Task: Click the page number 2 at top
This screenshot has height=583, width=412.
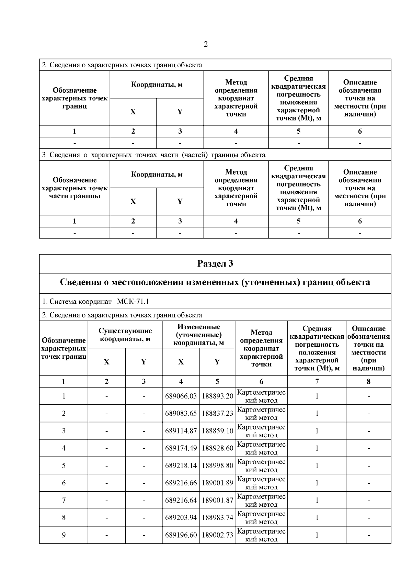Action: (x=206, y=44)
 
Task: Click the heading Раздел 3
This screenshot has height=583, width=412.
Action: (x=215, y=264)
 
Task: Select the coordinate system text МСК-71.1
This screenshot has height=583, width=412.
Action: (x=133, y=302)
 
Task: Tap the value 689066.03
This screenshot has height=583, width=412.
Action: (x=181, y=396)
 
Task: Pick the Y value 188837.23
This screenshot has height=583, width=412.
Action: (x=217, y=414)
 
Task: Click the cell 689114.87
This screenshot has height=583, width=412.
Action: (x=181, y=431)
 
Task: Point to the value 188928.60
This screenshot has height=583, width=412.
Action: (x=217, y=448)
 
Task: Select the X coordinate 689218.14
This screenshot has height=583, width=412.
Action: (x=181, y=466)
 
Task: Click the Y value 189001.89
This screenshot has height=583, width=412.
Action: (x=217, y=483)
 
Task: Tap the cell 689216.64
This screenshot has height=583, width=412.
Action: (x=181, y=500)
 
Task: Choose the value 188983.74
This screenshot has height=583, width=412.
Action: (x=217, y=518)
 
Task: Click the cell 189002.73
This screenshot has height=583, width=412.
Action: (x=217, y=535)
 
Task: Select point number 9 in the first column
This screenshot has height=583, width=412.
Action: (x=64, y=535)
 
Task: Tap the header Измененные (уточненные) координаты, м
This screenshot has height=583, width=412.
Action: (x=198, y=335)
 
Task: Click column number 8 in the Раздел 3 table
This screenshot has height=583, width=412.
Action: (x=368, y=381)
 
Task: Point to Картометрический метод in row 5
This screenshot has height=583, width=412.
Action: (x=261, y=466)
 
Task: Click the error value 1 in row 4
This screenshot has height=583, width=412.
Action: (x=317, y=448)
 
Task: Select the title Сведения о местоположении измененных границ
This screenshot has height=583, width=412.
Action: (x=215, y=282)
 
